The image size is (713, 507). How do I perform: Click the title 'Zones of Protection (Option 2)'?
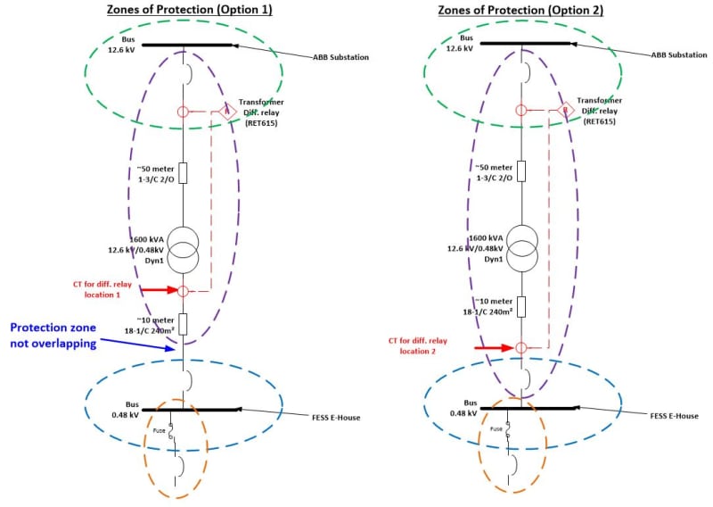[520, 10]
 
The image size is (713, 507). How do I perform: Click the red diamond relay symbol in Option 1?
[223, 112]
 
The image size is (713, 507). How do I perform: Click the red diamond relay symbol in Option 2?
[562, 111]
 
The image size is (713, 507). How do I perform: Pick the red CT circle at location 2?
[521, 347]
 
